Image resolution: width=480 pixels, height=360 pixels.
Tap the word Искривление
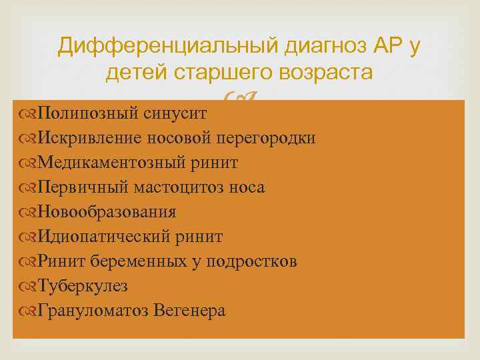[88, 138]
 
